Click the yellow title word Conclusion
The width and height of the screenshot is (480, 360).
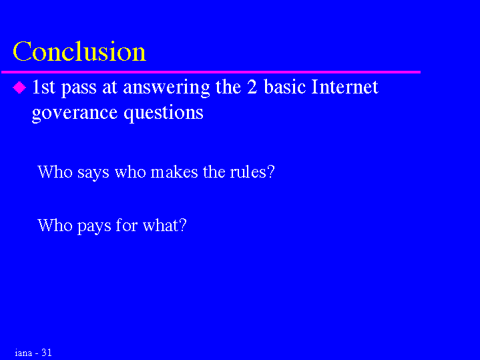[79, 51]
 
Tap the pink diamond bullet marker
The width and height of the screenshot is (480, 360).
[19, 87]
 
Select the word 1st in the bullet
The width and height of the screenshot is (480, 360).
[43, 87]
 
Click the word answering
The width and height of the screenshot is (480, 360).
[166, 88]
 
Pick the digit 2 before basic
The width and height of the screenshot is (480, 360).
[252, 87]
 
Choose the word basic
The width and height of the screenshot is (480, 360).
[284, 87]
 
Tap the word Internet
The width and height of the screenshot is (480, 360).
[344, 87]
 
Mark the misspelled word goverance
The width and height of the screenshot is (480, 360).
[75, 114]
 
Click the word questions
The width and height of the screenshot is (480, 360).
[164, 114]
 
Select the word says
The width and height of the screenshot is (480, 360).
[93, 172]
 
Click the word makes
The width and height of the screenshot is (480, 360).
[174, 172]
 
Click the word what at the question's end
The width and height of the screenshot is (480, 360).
[165, 225]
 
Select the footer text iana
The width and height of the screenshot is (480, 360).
[23, 353]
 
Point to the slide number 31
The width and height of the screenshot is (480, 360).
[47, 353]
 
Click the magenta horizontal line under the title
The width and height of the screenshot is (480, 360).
[211, 72]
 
